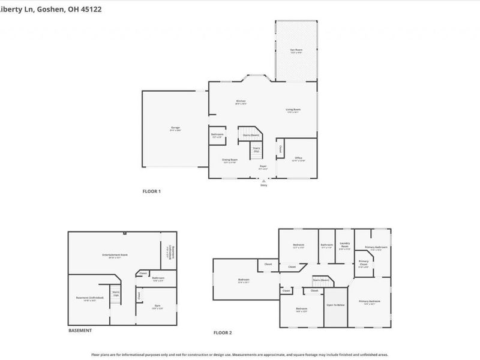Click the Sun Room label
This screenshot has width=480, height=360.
(296, 50)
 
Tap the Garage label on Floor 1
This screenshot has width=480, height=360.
(175, 128)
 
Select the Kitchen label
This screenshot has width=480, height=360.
(241, 101)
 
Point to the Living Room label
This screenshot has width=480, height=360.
(293, 110)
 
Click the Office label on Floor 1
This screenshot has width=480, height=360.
(298, 158)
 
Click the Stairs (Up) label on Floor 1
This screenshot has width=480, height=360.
(256, 149)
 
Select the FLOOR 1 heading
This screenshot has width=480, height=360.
(151, 191)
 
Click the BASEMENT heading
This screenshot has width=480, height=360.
(80, 331)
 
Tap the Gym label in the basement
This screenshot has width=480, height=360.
(157, 305)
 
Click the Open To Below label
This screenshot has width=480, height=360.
(335, 305)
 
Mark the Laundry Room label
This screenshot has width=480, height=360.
(344, 246)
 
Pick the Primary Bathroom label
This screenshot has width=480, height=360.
(376, 247)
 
